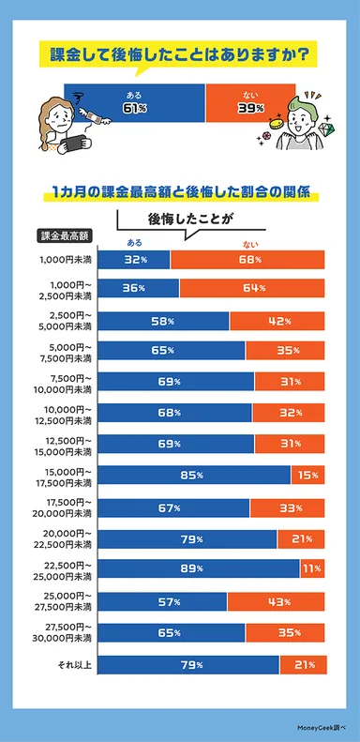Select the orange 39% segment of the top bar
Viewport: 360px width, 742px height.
[247, 101]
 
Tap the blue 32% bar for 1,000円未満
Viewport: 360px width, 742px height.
[133, 259]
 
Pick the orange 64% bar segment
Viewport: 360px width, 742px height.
[251, 288]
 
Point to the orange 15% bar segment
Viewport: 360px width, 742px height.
[307, 476]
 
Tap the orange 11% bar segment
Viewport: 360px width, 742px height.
[312, 568]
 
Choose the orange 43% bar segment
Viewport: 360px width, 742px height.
[276, 599]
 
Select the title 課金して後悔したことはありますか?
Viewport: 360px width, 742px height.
[179, 54]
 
